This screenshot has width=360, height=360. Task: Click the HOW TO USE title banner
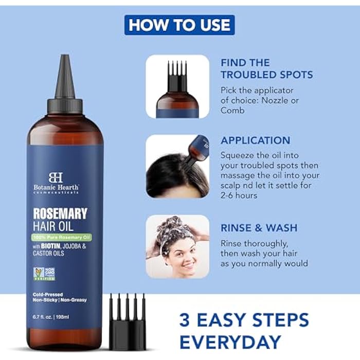pos(179,25)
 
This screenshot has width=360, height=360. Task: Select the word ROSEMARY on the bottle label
pos(61,213)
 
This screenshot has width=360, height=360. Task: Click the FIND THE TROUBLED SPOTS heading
pos(266,68)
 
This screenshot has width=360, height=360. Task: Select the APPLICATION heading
pos(255,140)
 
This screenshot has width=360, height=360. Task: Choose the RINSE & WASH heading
pos(259,228)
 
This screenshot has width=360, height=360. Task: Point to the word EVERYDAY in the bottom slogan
pos(230,341)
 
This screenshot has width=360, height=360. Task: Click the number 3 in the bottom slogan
pos(186,319)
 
